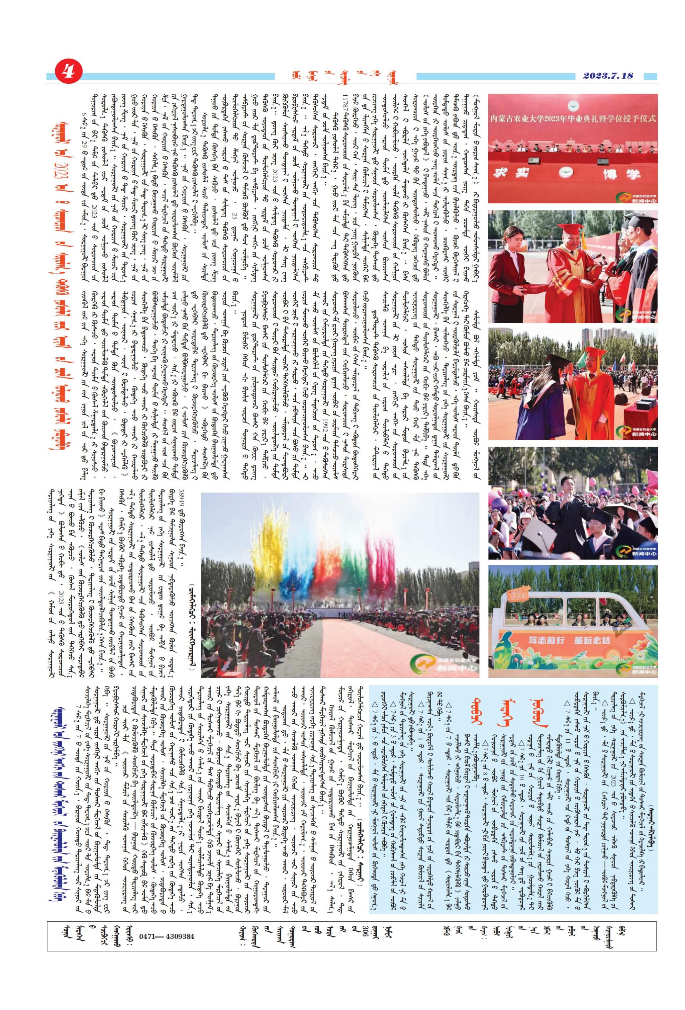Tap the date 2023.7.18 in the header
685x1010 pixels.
click(608, 76)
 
